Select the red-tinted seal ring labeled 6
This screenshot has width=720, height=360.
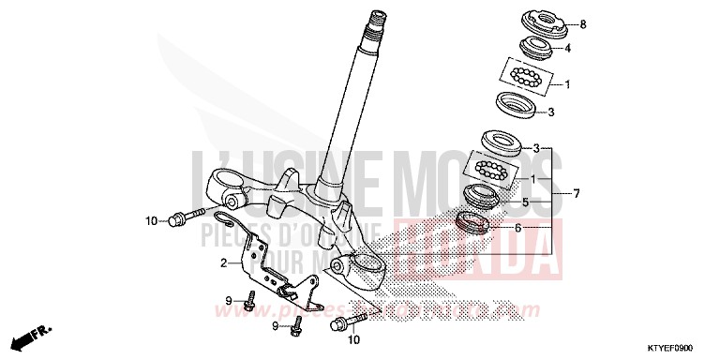[x=472, y=224]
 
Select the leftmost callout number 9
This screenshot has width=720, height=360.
[x=228, y=300]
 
